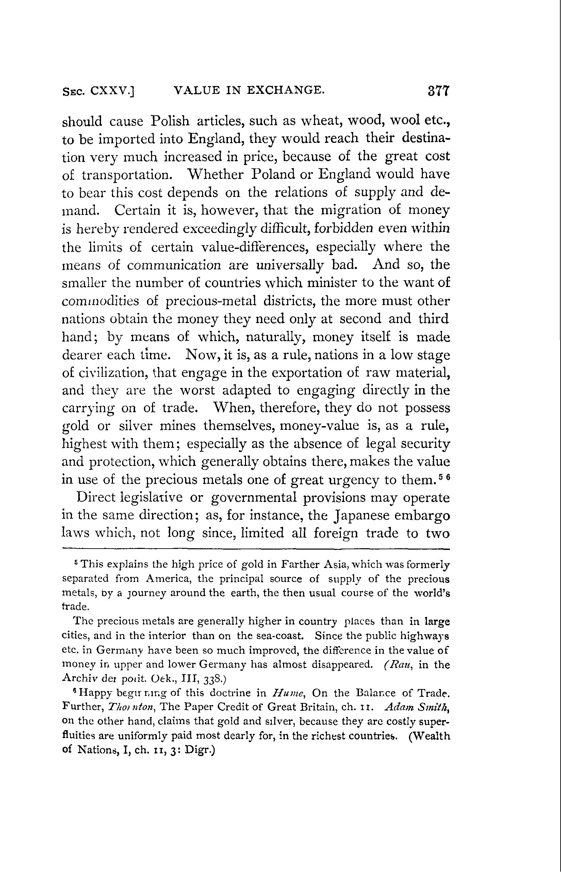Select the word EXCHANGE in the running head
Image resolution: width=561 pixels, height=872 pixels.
[x=285, y=89]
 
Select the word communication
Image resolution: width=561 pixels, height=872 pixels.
[x=174, y=265]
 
